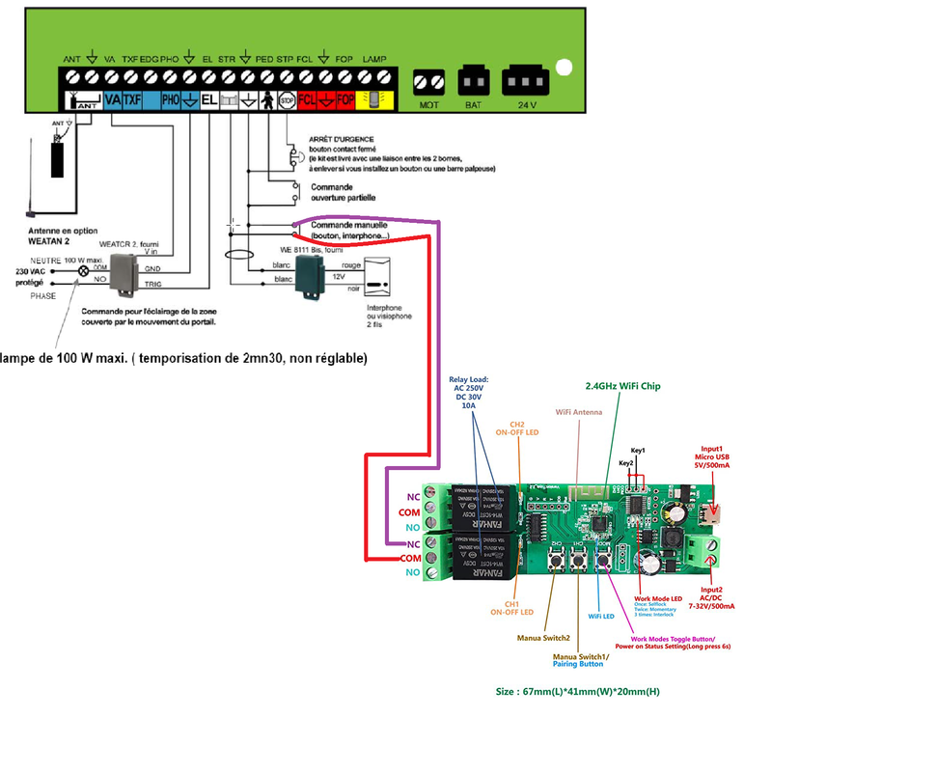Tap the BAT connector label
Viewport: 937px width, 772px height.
click(x=473, y=103)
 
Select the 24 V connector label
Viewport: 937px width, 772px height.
click(x=527, y=103)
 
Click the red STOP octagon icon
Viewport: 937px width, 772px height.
click(x=287, y=99)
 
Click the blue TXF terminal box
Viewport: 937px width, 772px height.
click(x=133, y=99)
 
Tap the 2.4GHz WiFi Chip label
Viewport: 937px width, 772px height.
click(x=622, y=387)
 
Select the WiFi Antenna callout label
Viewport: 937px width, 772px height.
click(x=578, y=412)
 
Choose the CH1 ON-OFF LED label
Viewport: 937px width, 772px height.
click(x=511, y=607)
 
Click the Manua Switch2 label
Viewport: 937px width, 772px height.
click(x=542, y=638)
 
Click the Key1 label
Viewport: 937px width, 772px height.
click(x=638, y=451)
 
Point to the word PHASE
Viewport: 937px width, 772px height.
click(x=42, y=296)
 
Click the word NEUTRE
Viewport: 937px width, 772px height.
click(x=46, y=261)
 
